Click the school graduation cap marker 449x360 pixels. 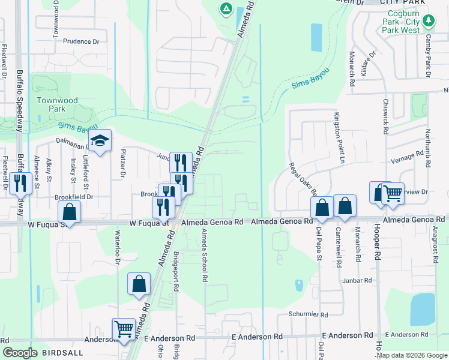tap(100, 141)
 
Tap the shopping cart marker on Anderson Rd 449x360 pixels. tap(124, 329)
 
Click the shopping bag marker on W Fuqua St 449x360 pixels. tap(69, 212)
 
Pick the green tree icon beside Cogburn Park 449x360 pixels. tap(429, 22)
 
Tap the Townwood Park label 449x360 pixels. tap(51, 105)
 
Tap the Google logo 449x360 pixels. tap(20, 353)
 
